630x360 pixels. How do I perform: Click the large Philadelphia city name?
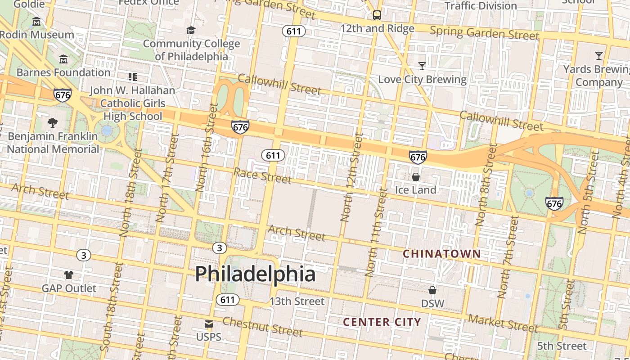click(255, 274)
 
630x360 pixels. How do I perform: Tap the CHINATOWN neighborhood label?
click(441, 254)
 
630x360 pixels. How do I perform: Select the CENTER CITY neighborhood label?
click(382, 322)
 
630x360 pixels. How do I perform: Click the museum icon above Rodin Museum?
click(36, 22)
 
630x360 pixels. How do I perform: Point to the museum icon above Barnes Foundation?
click(63, 59)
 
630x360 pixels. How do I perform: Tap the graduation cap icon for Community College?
click(191, 31)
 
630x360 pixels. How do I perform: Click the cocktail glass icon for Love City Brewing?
click(422, 66)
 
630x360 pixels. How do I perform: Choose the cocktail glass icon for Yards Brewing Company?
click(598, 56)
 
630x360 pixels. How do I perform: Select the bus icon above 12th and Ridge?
click(377, 15)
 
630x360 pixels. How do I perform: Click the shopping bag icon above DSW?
click(432, 290)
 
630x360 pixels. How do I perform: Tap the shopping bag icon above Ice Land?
click(416, 177)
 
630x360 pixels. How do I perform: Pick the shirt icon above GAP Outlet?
click(69, 275)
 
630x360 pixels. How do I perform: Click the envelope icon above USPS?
click(209, 324)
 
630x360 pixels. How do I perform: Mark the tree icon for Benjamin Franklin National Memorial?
click(53, 122)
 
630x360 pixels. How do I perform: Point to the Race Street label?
click(262, 175)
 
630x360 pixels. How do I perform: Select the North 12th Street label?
click(352, 177)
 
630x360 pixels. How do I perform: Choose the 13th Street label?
click(297, 301)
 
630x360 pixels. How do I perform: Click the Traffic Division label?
click(481, 6)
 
